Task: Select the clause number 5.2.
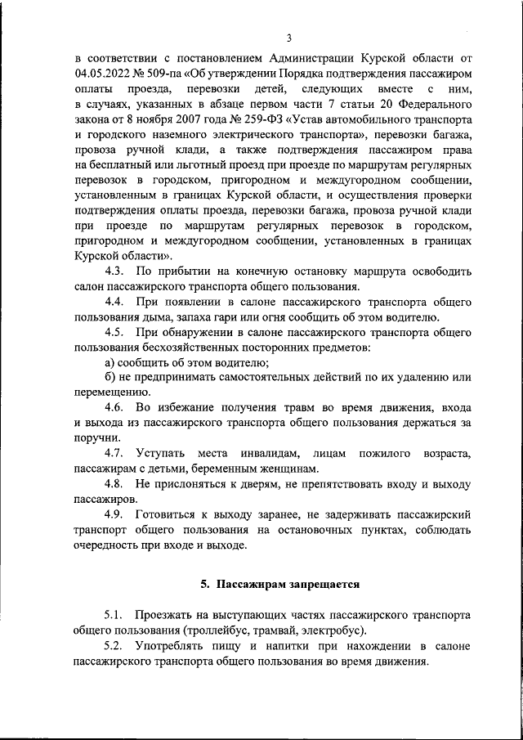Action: coord(114,645)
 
